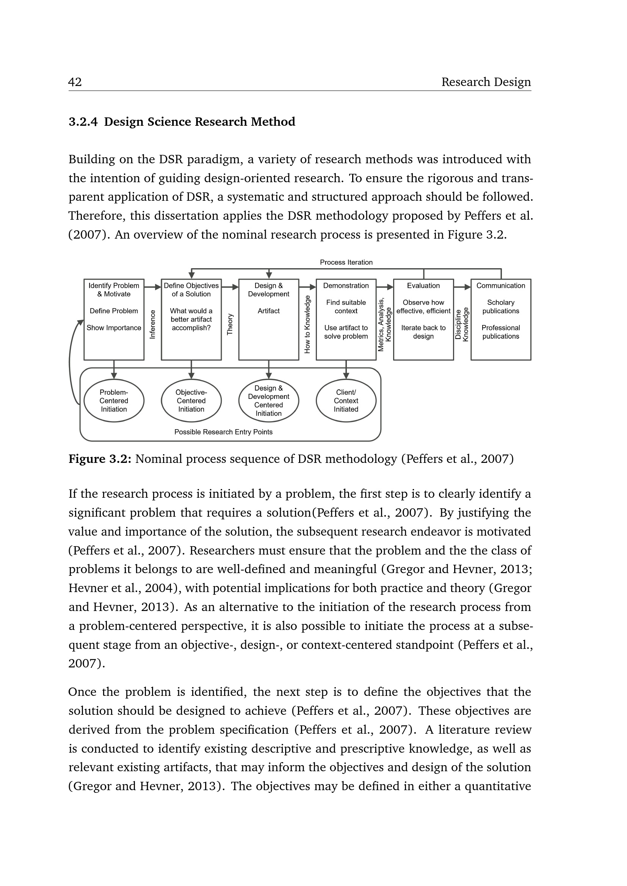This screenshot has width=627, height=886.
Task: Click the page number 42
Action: coord(75,82)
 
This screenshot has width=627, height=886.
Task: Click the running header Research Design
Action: coord(486,82)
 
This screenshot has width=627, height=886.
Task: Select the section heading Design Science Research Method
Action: coord(199,122)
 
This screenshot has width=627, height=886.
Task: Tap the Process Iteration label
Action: coord(346,263)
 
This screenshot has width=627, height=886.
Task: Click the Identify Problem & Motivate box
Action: coord(114,320)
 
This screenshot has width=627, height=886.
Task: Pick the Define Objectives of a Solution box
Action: coord(191,320)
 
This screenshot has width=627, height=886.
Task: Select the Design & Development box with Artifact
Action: coord(269,320)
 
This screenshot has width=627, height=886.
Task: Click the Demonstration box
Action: coord(346,320)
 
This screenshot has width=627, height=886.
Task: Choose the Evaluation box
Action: coord(423,320)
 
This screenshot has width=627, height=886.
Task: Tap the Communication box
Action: coord(501,320)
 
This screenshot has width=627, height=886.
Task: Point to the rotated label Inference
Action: coord(152,325)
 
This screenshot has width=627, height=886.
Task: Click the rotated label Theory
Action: coord(230,325)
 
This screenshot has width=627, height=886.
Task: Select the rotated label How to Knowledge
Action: coord(307,325)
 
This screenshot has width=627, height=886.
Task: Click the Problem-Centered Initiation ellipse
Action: coord(114,400)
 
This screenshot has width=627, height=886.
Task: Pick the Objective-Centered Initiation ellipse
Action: coord(191,400)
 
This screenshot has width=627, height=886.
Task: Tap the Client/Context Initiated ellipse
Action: coord(346,400)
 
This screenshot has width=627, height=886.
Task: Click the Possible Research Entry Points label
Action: coord(223,432)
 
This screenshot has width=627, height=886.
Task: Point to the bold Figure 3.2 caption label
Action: coord(100,459)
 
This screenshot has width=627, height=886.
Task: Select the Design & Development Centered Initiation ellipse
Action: coord(269,400)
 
